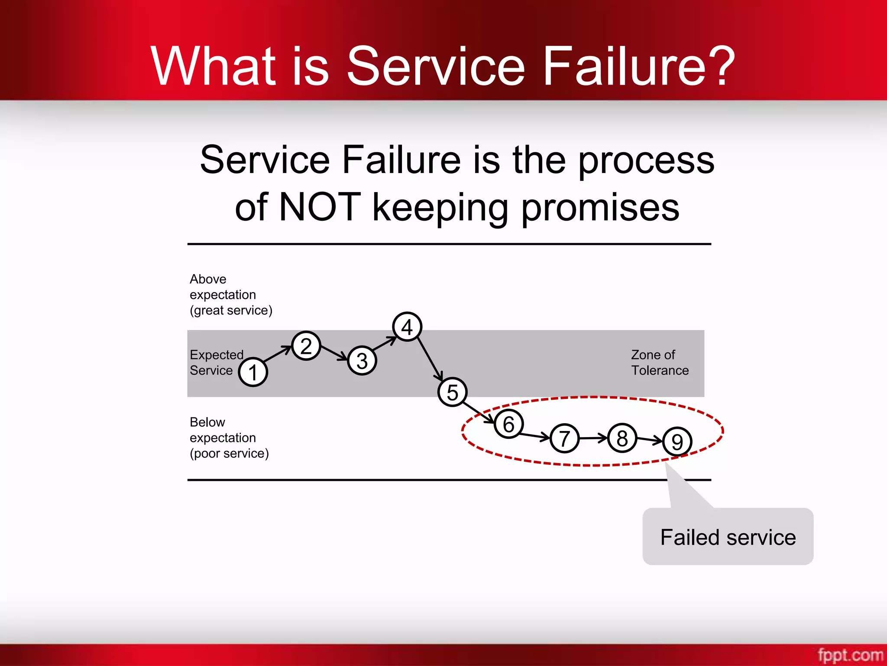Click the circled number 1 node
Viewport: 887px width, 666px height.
tap(253, 372)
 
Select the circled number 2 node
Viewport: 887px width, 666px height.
tap(306, 346)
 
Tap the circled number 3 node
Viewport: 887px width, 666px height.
tap(362, 361)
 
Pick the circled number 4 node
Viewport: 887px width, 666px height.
tap(407, 326)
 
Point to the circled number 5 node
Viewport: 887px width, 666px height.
tap(452, 392)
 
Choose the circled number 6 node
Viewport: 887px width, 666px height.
tap(508, 424)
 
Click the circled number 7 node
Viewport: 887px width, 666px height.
tap(564, 438)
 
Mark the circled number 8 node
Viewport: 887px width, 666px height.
tap(622, 438)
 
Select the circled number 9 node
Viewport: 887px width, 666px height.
tap(677, 441)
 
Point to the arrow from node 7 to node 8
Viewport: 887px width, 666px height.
tap(593, 438)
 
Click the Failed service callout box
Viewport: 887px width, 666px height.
tap(728, 537)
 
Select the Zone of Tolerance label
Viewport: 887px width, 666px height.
tap(659, 362)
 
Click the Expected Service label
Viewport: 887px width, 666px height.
tap(216, 362)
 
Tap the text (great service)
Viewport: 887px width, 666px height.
tap(231, 310)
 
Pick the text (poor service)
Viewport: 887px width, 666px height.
tap(229, 454)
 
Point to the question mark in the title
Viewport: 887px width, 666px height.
tap(721, 66)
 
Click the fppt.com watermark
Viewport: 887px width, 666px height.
tap(850, 654)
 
